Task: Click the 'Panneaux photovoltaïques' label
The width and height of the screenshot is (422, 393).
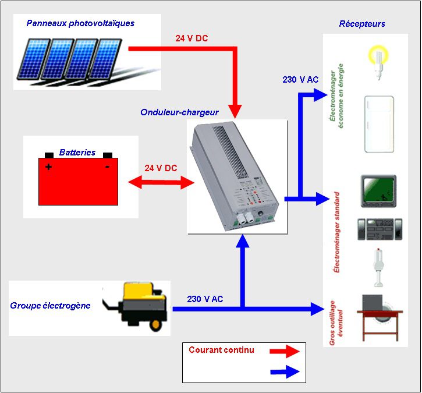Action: [x=80, y=23]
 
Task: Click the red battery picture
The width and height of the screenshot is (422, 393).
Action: [x=78, y=181]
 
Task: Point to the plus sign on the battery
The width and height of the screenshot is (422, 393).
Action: [x=48, y=167]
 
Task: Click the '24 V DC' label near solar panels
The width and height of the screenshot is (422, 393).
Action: [x=192, y=39]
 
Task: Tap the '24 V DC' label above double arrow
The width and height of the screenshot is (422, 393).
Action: [x=161, y=168]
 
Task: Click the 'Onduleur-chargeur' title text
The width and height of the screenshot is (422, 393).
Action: [x=179, y=112]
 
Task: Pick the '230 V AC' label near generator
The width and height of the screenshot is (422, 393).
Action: [x=205, y=299]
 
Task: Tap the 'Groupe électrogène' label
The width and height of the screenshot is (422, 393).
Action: [x=50, y=306]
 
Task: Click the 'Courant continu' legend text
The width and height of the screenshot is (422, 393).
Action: [x=221, y=350]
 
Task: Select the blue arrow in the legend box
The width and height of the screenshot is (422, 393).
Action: [x=285, y=371]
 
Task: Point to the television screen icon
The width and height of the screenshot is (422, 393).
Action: [x=378, y=190]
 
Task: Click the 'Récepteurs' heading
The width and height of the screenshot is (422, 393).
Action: [x=362, y=24]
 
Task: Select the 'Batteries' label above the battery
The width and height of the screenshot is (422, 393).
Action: [x=77, y=153]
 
